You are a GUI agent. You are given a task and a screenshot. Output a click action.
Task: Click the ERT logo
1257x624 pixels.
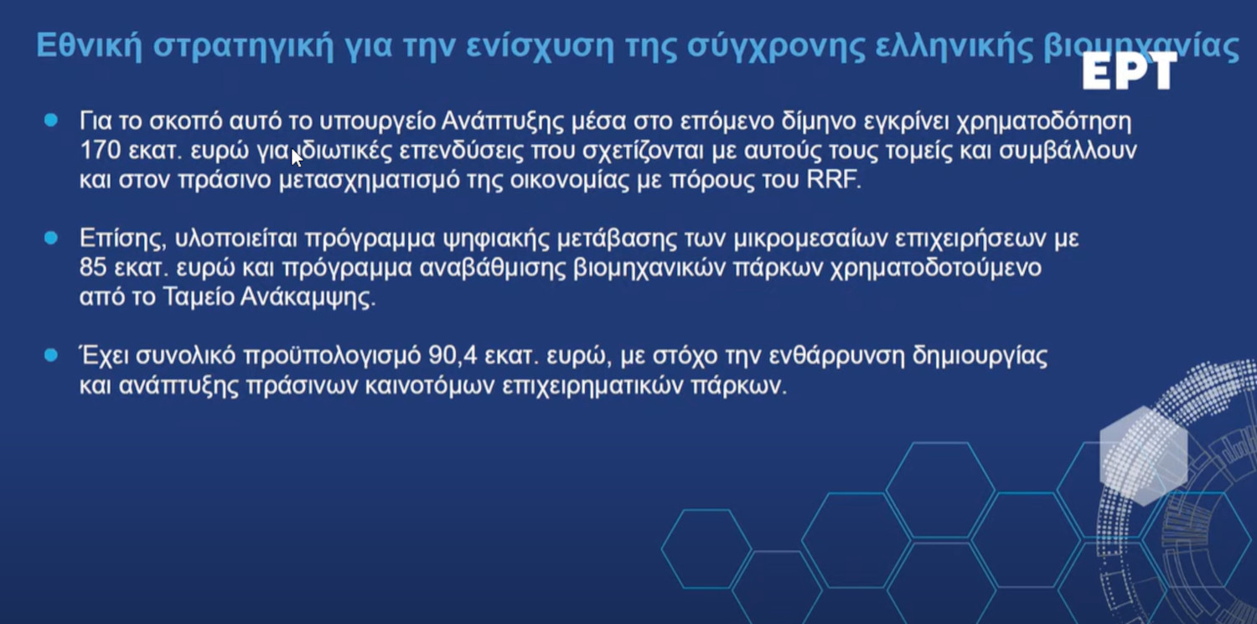(x=1129, y=70)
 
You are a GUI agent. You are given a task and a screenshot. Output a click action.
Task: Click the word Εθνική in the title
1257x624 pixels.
(x=88, y=45)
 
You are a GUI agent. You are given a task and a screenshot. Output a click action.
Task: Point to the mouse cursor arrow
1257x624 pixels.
(x=297, y=157)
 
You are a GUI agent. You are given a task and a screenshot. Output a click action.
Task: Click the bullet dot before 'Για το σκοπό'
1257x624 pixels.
(x=51, y=120)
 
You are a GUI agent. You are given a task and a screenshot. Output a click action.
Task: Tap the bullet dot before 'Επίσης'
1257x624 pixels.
(x=51, y=238)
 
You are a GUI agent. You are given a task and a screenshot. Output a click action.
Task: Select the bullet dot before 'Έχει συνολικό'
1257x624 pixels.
(x=51, y=355)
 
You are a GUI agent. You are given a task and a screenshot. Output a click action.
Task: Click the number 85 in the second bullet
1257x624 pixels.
(x=92, y=267)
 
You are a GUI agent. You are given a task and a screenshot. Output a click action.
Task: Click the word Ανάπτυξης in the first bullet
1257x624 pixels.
(x=503, y=121)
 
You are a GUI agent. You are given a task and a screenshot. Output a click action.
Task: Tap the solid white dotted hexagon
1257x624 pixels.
(x=1143, y=456)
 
